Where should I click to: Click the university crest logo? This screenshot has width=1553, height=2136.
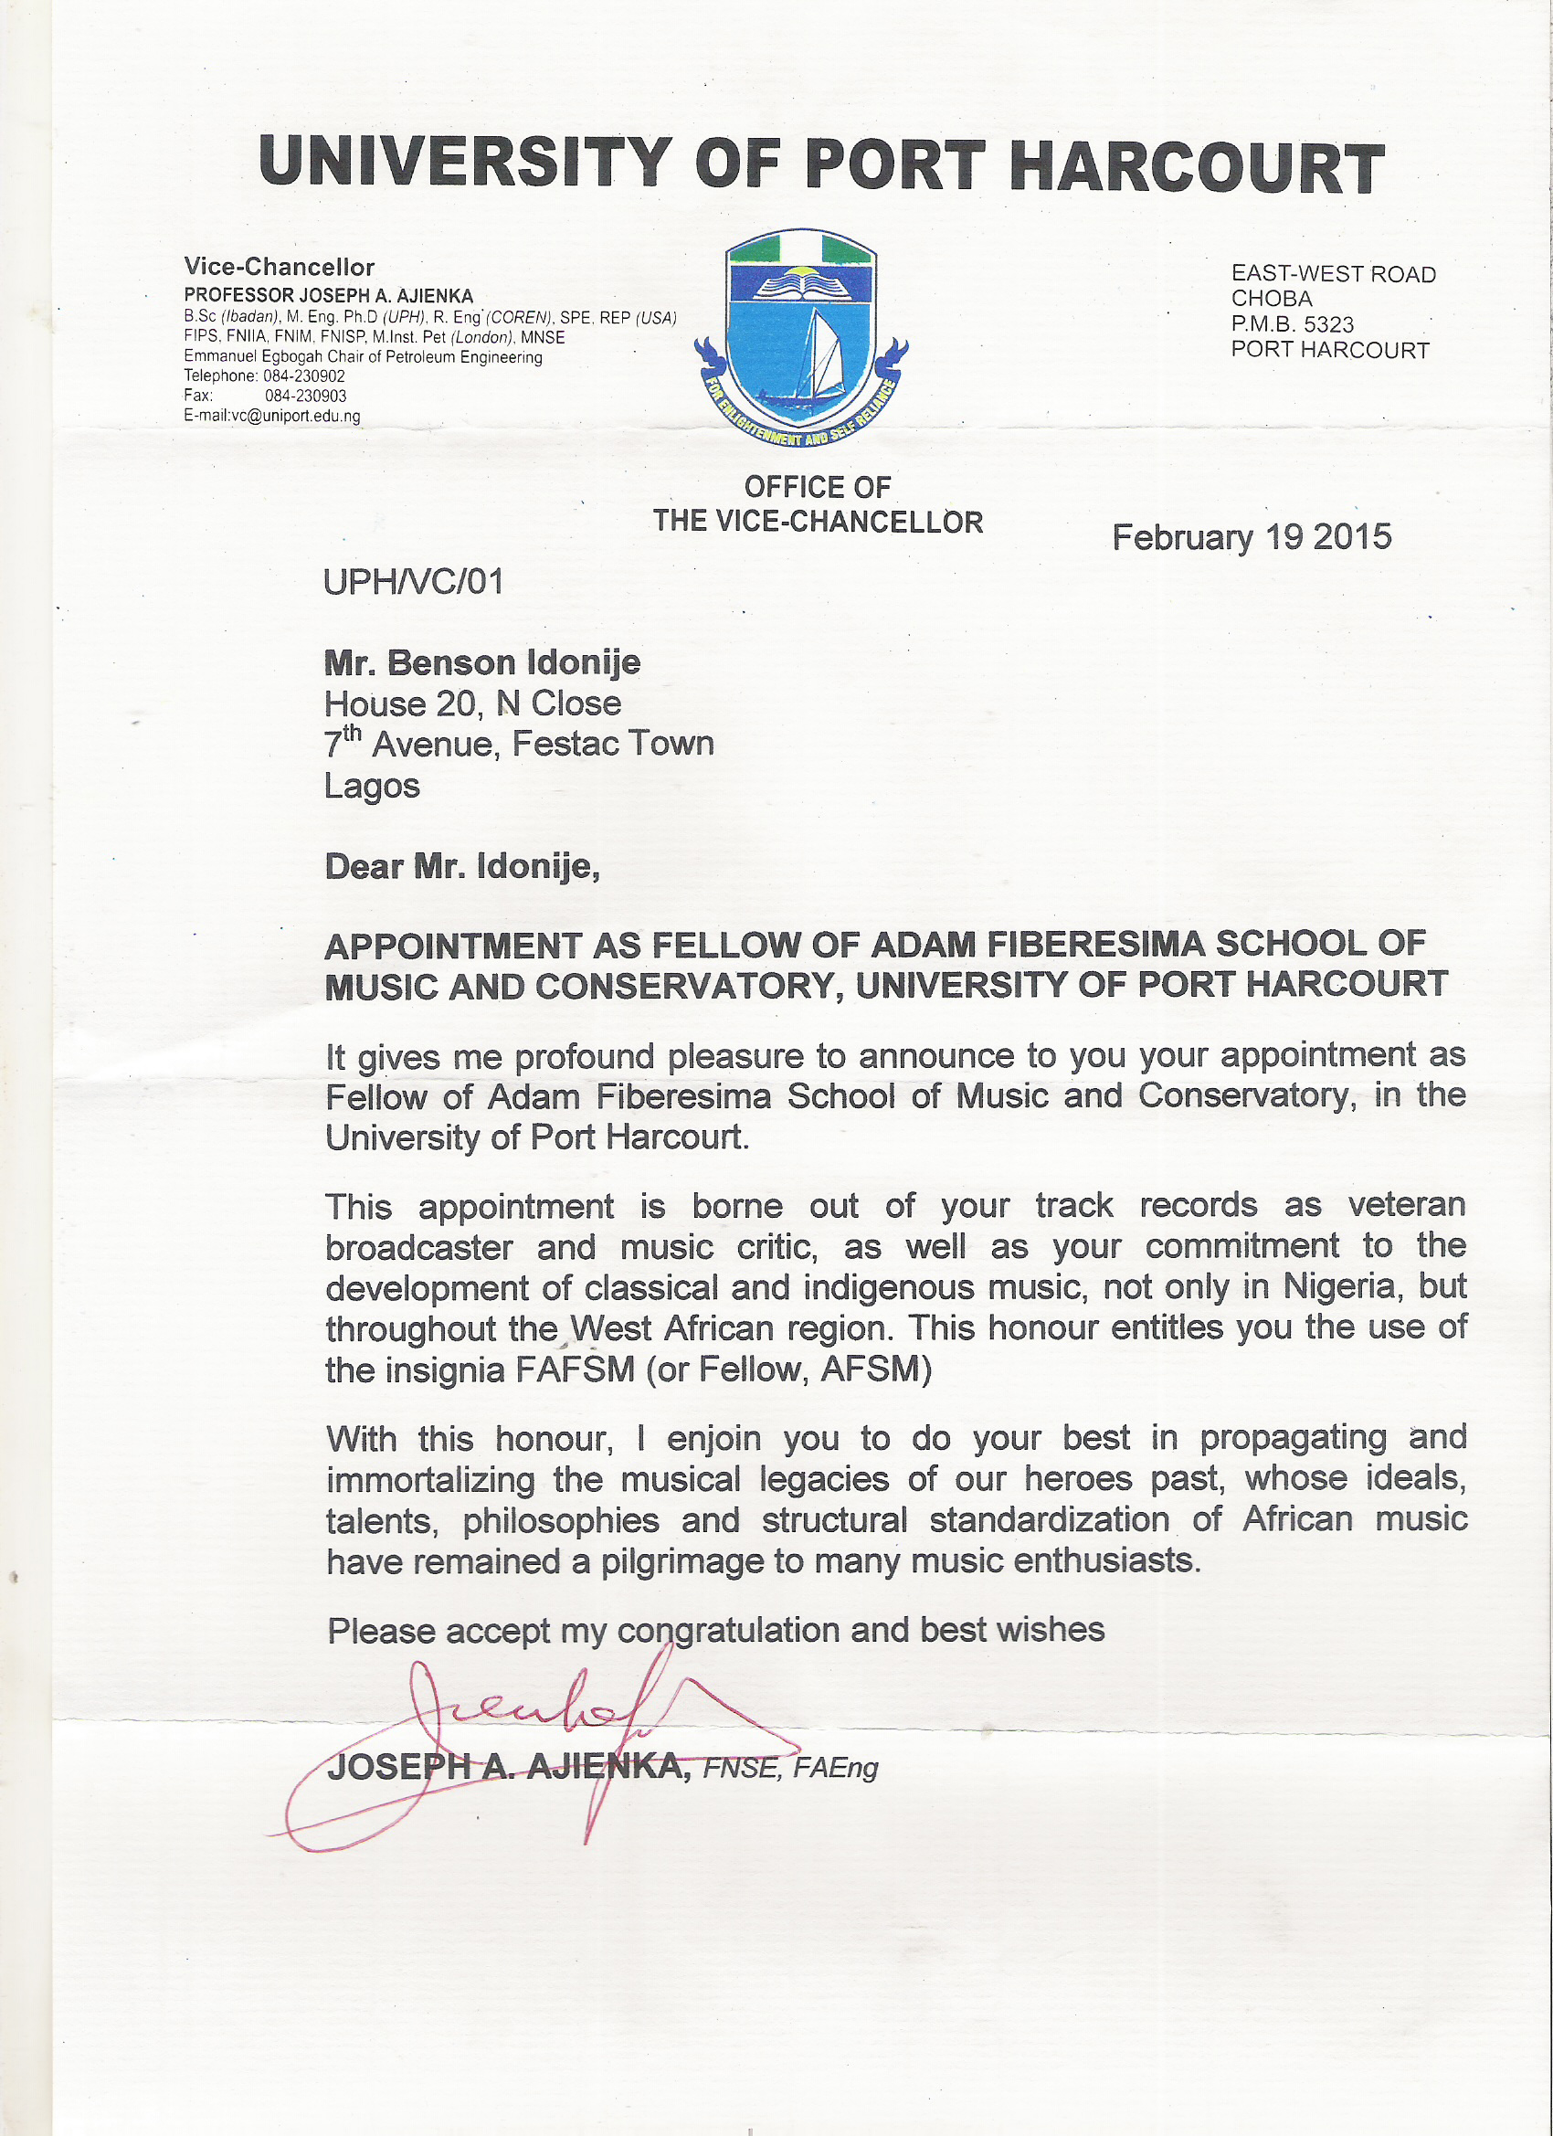(x=800, y=339)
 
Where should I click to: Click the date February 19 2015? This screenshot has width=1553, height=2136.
(x=1251, y=538)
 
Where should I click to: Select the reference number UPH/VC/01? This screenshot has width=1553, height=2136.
(x=414, y=582)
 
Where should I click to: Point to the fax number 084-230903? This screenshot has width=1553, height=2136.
(x=305, y=397)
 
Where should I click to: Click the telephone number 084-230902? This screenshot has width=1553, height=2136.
(x=304, y=375)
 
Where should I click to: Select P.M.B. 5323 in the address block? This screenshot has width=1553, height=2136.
(x=1292, y=325)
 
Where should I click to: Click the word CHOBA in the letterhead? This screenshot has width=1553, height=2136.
(x=1272, y=300)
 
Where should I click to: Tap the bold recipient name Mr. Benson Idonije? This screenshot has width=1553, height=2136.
(x=482, y=663)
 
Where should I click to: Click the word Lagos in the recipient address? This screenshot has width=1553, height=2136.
(x=372, y=786)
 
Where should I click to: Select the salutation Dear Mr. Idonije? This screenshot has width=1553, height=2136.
(x=461, y=866)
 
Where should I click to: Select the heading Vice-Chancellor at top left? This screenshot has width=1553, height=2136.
(x=280, y=268)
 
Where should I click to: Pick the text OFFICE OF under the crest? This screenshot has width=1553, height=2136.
(x=818, y=488)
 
